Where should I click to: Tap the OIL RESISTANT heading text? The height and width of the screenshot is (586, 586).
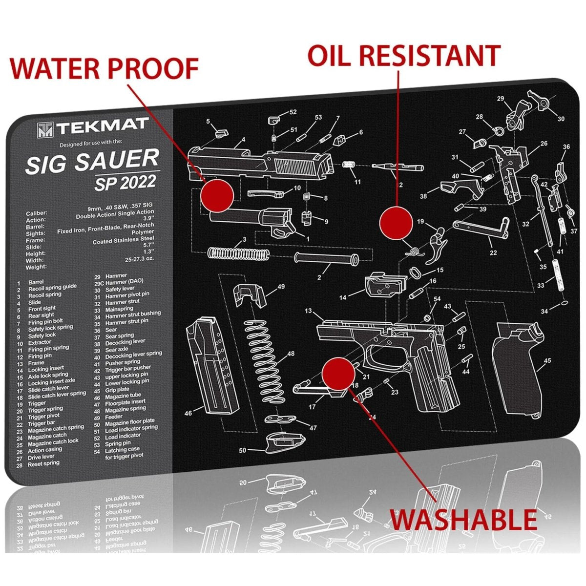click(404, 55)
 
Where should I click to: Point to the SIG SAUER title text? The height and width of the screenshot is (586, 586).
click(92, 162)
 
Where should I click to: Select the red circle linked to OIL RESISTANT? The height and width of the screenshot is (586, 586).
click(397, 222)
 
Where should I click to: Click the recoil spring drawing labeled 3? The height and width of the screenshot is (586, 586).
click(238, 253)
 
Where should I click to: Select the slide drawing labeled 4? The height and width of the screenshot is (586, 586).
click(261, 164)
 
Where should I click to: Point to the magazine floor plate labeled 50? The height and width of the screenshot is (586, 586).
click(280, 442)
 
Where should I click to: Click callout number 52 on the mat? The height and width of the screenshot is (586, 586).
click(293, 112)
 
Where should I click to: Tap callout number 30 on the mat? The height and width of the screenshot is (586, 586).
click(561, 119)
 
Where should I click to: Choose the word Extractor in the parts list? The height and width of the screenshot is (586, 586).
click(40, 342)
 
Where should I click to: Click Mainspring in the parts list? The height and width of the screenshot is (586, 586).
click(119, 309)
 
